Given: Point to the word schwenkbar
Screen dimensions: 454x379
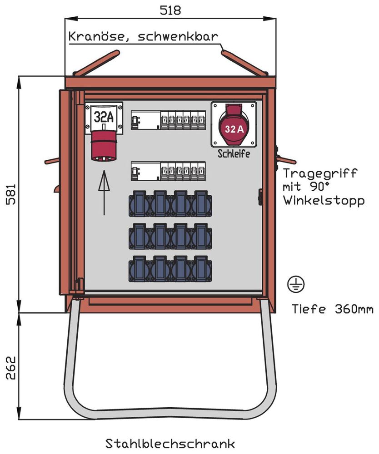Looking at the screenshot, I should (x=177, y=37).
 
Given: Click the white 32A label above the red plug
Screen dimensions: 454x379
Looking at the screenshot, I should (x=104, y=117).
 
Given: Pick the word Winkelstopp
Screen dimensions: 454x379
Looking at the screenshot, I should (x=323, y=200).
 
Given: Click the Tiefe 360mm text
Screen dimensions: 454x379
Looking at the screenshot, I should (x=332, y=309).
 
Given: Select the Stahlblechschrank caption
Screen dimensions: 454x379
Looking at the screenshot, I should (x=170, y=443).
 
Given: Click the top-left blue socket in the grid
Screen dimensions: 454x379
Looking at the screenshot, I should (x=139, y=203).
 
